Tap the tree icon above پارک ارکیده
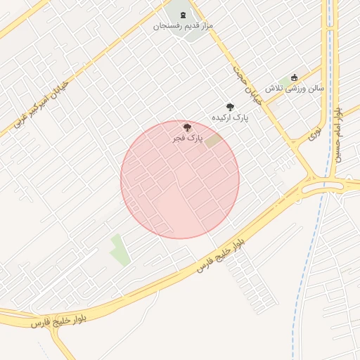[x=230, y=107]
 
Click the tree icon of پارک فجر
[x=186, y=127]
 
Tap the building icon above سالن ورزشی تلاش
[x=294, y=77]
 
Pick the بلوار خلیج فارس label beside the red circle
[x=221, y=255]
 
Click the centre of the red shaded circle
[x=180, y=180]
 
